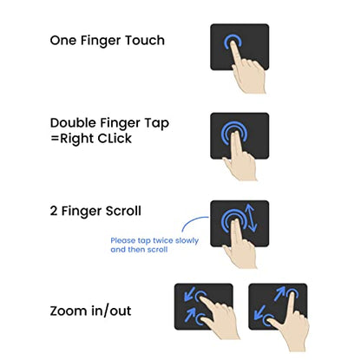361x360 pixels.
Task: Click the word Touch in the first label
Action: coord(145,40)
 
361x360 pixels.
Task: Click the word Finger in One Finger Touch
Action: coord(101,41)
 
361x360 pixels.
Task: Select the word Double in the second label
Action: coord(74,122)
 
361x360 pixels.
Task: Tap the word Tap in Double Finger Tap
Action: coord(157,124)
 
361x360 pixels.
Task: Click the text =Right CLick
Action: coord(91,139)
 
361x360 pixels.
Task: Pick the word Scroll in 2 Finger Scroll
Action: coord(123,211)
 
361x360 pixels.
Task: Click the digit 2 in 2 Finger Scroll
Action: coord(54,211)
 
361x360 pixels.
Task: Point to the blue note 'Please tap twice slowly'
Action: coord(154,241)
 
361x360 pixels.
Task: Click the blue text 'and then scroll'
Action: coord(139,250)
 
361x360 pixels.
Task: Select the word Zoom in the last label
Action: coord(69,311)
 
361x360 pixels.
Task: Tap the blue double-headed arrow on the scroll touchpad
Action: coord(251,218)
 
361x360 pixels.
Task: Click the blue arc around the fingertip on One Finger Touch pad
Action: coord(233,36)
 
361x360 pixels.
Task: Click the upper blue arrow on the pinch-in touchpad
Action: coord(189,296)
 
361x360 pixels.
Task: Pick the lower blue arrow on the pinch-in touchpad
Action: coord(190,315)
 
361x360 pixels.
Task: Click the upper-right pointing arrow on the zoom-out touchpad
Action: coord(279,294)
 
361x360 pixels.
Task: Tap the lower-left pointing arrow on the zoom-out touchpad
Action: coord(259,313)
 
